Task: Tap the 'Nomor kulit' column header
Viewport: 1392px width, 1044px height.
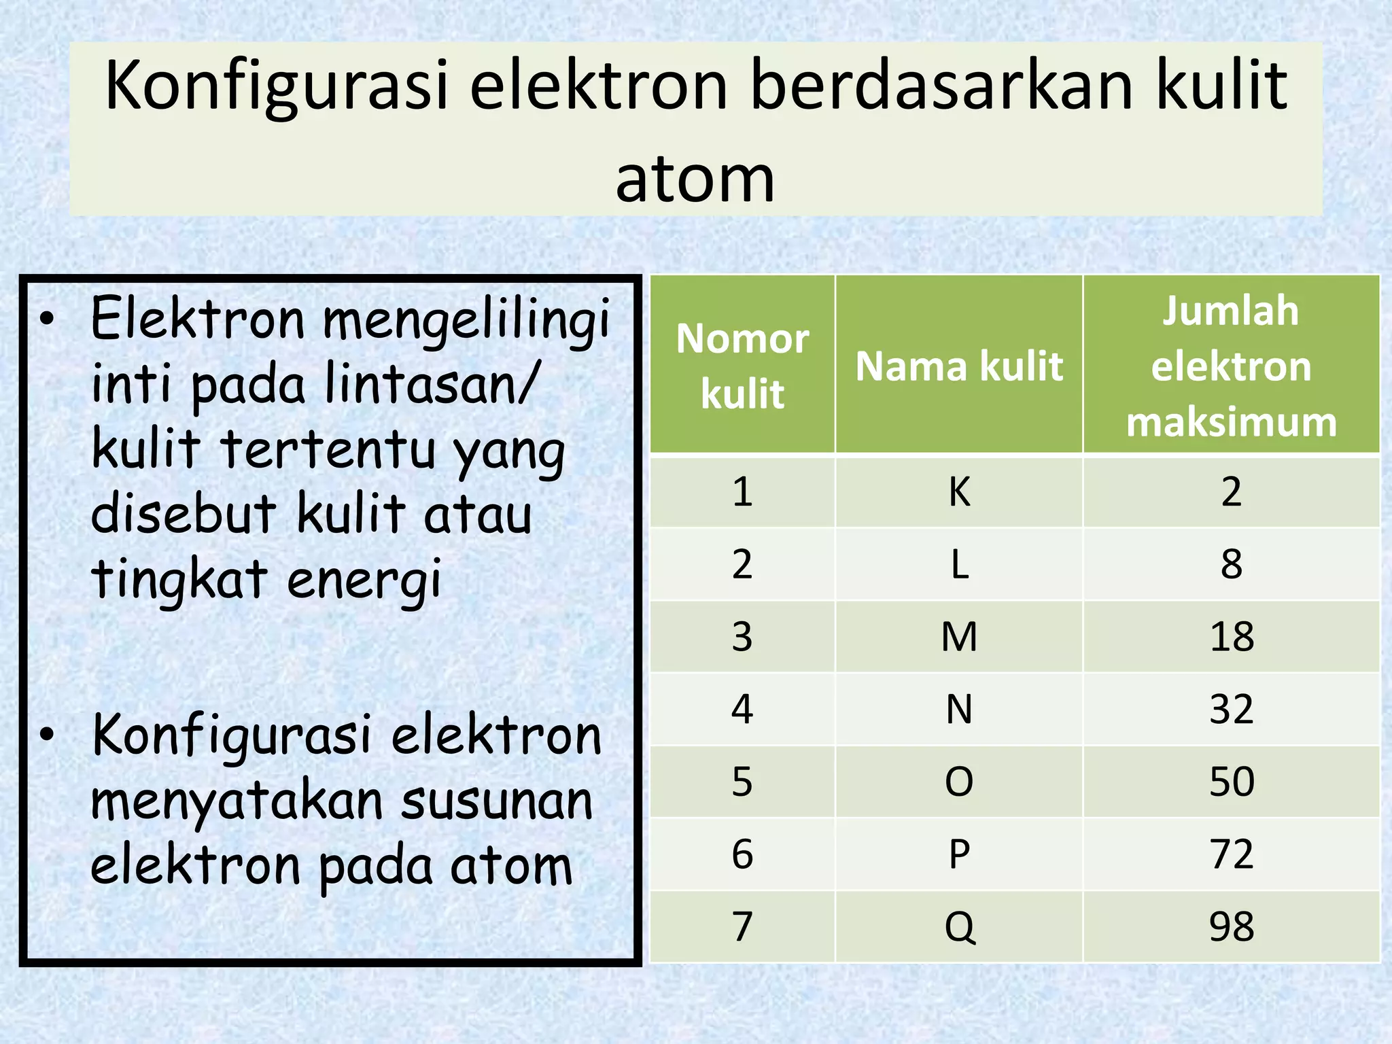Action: point(742,366)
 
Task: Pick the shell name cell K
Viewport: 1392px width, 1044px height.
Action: point(959,491)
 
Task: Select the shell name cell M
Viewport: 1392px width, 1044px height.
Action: point(959,637)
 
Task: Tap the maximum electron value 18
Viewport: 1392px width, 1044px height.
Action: point(1231,637)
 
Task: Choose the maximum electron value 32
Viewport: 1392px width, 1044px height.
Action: point(1231,710)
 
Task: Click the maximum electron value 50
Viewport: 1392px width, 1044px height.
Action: point(1231,782)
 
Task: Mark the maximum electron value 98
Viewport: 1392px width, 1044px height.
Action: point(1231,926)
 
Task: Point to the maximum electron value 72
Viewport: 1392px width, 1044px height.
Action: point(1231,854)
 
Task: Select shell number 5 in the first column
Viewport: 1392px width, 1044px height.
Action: point(742,782)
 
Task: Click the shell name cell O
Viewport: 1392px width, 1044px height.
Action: point(959,782)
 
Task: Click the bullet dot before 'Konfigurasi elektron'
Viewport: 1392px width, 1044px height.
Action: point(46,735)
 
